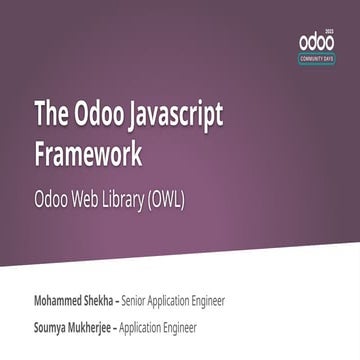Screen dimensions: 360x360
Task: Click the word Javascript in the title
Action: click(x=164, y=116)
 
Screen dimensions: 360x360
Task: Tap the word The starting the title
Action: click(x=51, y=116)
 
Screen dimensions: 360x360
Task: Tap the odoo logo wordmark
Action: click(x=317, y=42)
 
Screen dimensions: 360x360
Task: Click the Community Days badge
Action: click(x=317, y=59)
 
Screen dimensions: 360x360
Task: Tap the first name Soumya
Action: click(x=55, y=327)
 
